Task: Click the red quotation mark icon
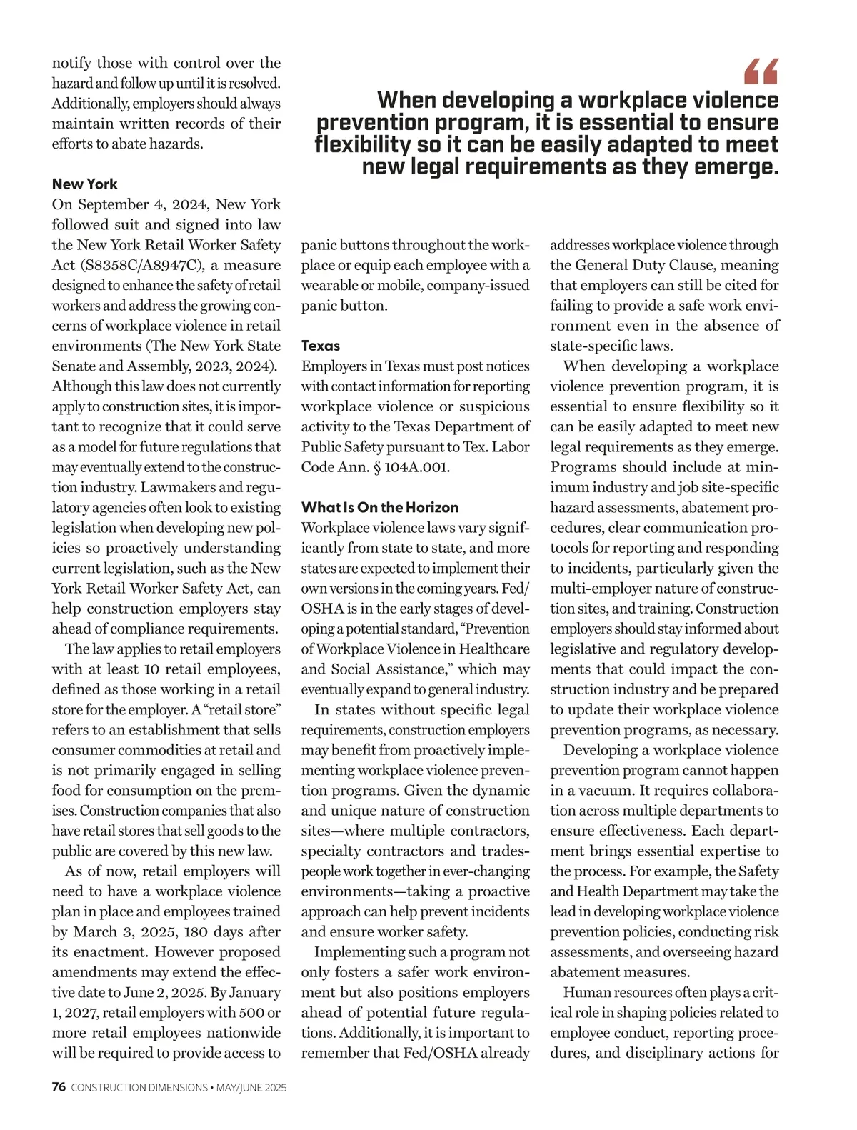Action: click(761, 71)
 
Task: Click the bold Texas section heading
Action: click(321, 346)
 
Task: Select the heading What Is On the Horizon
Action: click(380, 508)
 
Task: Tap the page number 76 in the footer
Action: click(59, 1088)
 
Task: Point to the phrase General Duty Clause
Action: click(635, 265)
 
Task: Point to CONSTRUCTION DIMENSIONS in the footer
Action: click(139, 1088)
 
